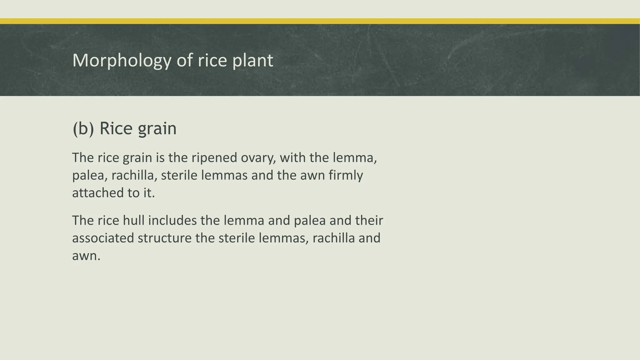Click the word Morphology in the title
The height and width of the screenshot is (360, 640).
pyautogui.click(x=122, y=60)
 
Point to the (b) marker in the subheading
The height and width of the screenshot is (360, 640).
pyautogui.click(x=83, y=128)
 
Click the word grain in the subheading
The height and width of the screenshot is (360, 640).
pyautogui.click(x=157, y=128)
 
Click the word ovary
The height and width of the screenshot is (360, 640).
pyautogui.click(x=258, y=158)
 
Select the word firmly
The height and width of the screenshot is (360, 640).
pyautogui.click(x=346, y=175)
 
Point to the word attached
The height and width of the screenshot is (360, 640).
pyautogui.click(x=98, y=193)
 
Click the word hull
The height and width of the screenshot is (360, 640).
pyautogui.click(x=133, y=221)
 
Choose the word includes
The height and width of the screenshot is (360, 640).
pyautogui.click(x=172, y=221)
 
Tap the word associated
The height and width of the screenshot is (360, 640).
pyautogui.click(x=103, y=238)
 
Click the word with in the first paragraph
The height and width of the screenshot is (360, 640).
pyautogui.click(x=292, y=158)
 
